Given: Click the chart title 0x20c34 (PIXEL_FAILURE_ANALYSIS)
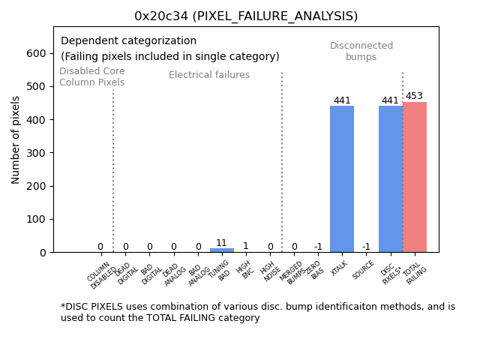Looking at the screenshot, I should pyautogui.click(x=246, y=16).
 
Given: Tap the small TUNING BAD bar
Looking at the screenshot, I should pyautogui.click(x=221, y=250).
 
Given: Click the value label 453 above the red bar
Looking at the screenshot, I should pyautogui.click(x=415, y=97).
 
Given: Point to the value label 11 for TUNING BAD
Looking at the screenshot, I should pyautogui.click(x=221, y=243).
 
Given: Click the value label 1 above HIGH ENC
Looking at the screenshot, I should pyautogui.click(x=245, y=246).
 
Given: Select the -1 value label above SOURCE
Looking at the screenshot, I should pyautogui.click(x=366, y=247).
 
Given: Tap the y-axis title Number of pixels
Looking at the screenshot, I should pyautogui.click(x=16, y=139).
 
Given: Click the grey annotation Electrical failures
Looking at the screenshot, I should pyautogui.click(x=209, y=75).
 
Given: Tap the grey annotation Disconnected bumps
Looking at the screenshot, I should pyautogui.click(x=361, y=51).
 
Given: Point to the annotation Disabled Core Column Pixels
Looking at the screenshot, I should pyautogui.click(x=92, y=76).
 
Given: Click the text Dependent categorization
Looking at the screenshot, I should pyautogui.click(x=128, y=41).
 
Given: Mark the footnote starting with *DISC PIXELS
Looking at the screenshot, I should pyautogui.click(x=257, y=312).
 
